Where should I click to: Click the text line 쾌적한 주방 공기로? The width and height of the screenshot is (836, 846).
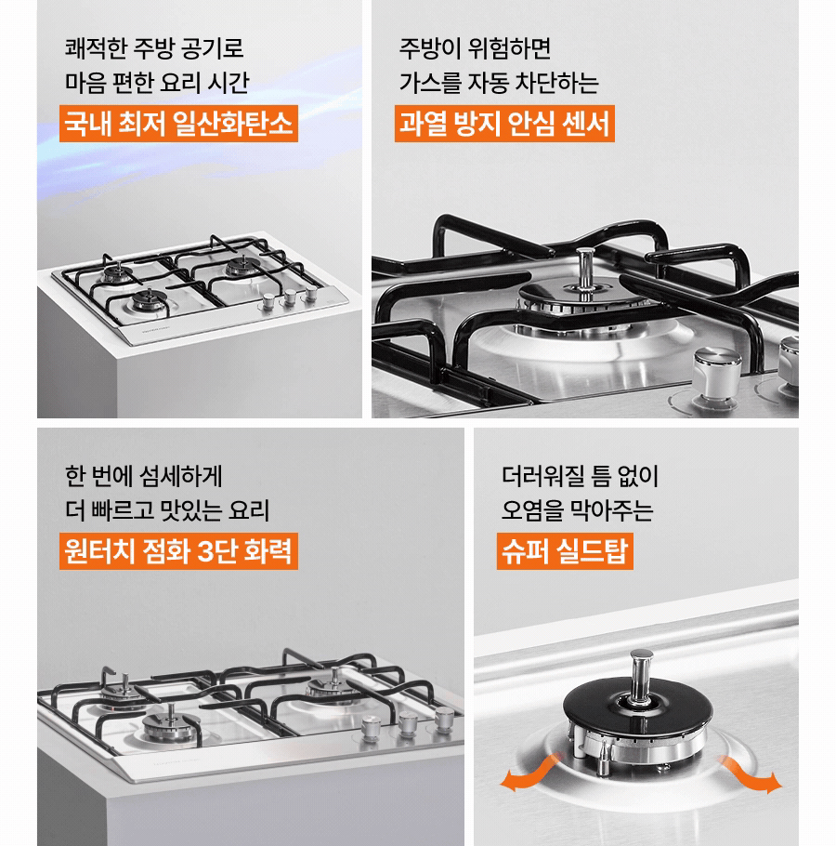click(154, 46)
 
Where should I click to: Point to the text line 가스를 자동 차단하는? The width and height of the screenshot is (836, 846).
click(499, 83)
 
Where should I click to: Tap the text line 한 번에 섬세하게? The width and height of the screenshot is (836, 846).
click(144, 475)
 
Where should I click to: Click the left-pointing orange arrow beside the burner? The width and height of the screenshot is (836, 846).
click(521, 779)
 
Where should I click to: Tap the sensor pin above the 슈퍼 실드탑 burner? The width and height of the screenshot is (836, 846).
click(639, 674)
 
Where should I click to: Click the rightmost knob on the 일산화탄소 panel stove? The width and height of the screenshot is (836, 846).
click(310, 292)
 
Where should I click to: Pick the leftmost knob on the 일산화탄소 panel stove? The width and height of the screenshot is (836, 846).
click(268, 300)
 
